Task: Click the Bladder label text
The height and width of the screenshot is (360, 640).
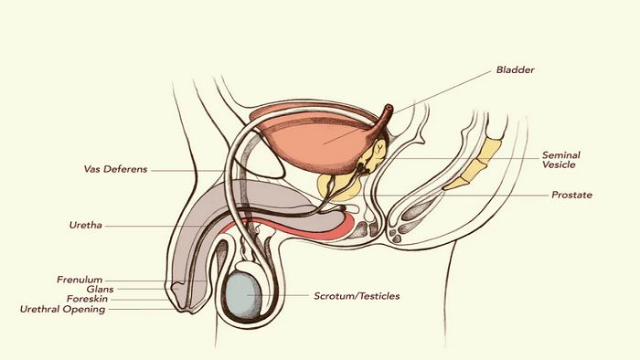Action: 515,69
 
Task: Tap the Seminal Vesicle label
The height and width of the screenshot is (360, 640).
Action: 560,160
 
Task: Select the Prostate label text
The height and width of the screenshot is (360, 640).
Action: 571,195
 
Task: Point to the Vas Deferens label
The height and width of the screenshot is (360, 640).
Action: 115,169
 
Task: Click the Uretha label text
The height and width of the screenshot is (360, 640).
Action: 85,225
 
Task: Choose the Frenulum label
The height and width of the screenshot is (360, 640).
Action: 80,280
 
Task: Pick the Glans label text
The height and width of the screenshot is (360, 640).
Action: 100,289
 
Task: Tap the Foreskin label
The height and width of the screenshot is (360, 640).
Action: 88,299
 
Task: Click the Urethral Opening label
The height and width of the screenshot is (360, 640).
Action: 62,309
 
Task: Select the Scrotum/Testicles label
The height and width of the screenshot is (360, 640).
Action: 357,296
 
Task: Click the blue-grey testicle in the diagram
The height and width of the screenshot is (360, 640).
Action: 244,295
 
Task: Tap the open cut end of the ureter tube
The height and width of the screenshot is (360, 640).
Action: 389,109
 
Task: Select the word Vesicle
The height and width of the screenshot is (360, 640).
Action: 559,164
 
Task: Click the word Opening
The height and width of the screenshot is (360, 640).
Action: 86,310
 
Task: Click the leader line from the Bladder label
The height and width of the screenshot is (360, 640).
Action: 407,107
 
